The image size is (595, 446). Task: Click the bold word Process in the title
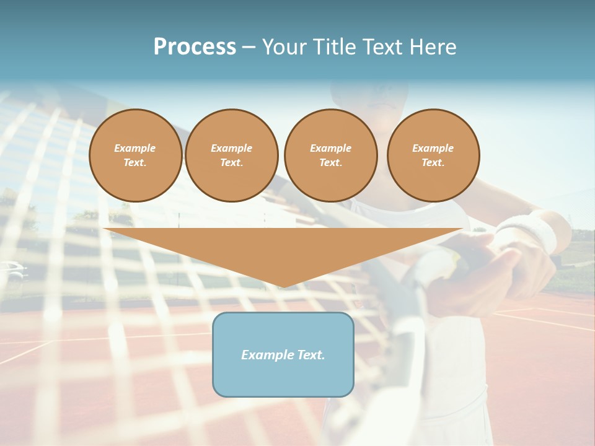(x=195, y=47)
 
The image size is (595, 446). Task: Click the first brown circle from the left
(x=136, y=155)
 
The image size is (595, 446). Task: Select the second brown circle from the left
(x=232, y=155)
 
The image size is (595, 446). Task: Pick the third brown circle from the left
(x=331, y=155)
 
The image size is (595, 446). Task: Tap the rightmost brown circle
(x=433, y=155)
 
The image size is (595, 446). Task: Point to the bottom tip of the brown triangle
(x=283, y=287)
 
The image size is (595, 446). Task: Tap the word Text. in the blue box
(x=311, y=355)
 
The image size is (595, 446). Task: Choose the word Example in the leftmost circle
(x=135, y=148)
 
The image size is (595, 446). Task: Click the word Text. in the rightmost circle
(x=433, y=163)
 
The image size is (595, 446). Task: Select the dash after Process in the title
(x=249, y=47)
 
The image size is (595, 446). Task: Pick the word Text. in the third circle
(x=331, y=163)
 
